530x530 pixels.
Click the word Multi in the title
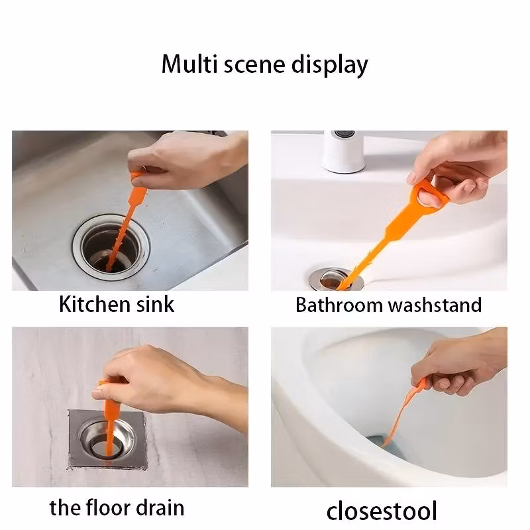[189, 64]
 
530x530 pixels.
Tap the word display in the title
[329, 65]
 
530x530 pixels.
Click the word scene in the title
[254, 65]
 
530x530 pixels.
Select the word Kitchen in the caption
[95, 304]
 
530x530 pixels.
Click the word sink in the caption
[155, 304]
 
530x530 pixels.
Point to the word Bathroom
[339, 305]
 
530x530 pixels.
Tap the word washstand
[435, 305]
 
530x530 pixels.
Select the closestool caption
[382, 510]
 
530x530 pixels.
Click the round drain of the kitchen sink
[111, 248]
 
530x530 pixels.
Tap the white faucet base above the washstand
[343, 152]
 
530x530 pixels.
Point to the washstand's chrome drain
[336, 279]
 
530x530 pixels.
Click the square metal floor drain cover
[107, 439]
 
